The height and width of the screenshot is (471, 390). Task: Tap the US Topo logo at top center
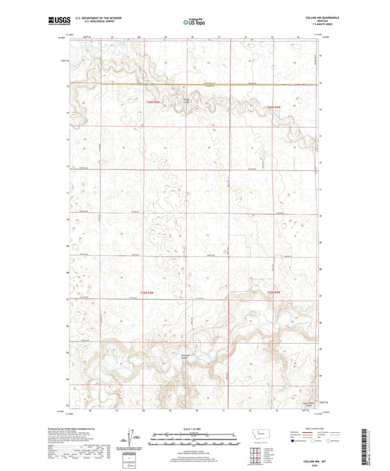[195, 22]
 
